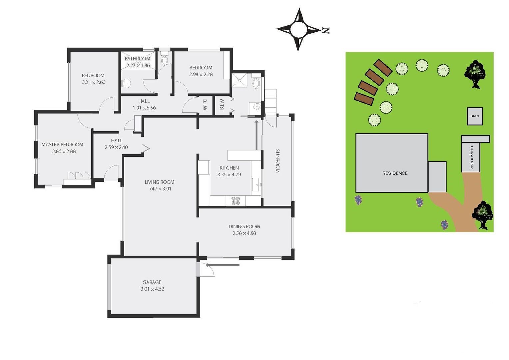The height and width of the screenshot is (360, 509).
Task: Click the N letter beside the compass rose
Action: [x=326, y=31]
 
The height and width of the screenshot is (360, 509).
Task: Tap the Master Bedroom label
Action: [x=62, y=145]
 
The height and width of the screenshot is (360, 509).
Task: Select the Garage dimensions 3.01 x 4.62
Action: [x=152, y=289]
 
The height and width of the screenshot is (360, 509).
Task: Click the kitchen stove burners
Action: [x=236, y=201]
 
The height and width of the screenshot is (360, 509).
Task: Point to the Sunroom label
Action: [x=277, y=161]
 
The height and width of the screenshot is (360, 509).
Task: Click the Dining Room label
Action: [x=244, y=227]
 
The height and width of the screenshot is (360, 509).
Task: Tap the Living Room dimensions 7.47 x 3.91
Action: [x=160, y=189]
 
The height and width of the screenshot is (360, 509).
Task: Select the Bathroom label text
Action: [x=138, y=59]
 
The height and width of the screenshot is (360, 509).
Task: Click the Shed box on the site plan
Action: [x=475, y=116]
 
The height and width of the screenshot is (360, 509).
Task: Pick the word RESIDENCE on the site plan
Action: [x=395, y=173]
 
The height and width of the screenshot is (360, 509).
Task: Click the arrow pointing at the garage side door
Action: [x=223, y=265]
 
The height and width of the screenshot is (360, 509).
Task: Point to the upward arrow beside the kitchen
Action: [x=256, y=135]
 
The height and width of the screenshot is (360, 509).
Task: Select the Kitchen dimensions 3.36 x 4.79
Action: [x=229, y=175]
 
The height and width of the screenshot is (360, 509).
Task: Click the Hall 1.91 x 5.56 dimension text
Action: [x=144, y=108]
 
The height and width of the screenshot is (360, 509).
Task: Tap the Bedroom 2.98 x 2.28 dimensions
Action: [x=201, y=74]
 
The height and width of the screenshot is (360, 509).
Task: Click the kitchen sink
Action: [x=256, y=184]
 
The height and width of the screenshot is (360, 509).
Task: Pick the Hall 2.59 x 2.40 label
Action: [x=116, y=144]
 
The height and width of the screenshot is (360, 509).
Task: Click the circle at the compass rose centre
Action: [x=298, y=30]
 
